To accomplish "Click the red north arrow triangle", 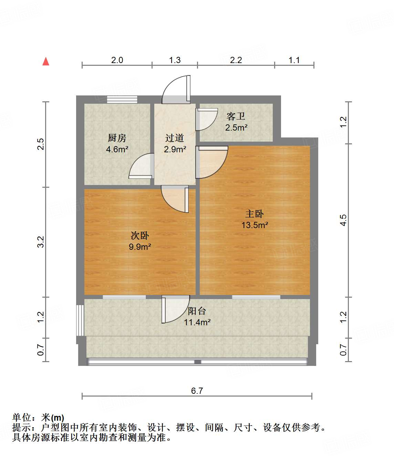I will [46, 62].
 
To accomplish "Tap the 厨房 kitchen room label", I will [117, 138].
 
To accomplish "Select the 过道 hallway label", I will [175, 138].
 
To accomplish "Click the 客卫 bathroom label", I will [236, 116].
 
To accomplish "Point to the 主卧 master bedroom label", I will [255, 214].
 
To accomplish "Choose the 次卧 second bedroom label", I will [140, 236].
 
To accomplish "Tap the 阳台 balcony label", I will [197, 311].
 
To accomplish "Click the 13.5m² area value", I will [255, 225].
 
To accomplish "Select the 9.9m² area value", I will [140, 247].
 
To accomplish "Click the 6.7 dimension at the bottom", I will [197, 391].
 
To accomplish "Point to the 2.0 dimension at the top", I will [117, 60].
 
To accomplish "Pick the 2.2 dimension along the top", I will [236, 60].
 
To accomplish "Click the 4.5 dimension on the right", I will [343, 220].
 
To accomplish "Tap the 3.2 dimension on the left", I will [41, 242].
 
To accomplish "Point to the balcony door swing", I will [175, 309].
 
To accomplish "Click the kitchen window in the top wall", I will [122, 99].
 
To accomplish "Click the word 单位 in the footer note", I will [22, 418].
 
